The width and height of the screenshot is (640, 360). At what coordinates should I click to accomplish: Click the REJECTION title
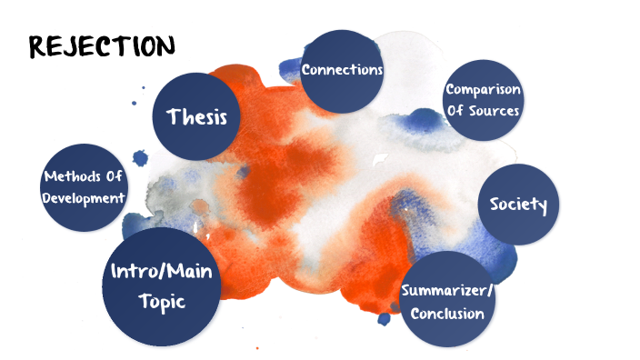coord(102,45)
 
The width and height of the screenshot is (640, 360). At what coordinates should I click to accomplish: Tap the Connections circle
coord(342,70)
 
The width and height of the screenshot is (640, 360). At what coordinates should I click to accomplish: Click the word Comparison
coord(483,90)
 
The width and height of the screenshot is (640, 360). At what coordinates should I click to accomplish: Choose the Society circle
coord(517,205)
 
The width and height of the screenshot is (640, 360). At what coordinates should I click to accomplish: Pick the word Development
coord(82,196)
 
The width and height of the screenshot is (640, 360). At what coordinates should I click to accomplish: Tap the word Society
coord(518,205)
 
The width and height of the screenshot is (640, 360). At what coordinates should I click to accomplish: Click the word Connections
coord(342,70)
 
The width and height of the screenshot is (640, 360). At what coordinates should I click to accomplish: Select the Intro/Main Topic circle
coord(163,287)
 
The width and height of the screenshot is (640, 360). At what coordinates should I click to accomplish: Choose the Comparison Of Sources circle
coord(483,100)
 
